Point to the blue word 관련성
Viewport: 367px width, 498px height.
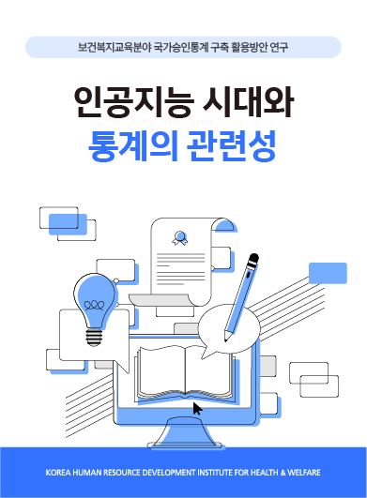238,143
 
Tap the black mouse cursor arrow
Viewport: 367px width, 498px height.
197,408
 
